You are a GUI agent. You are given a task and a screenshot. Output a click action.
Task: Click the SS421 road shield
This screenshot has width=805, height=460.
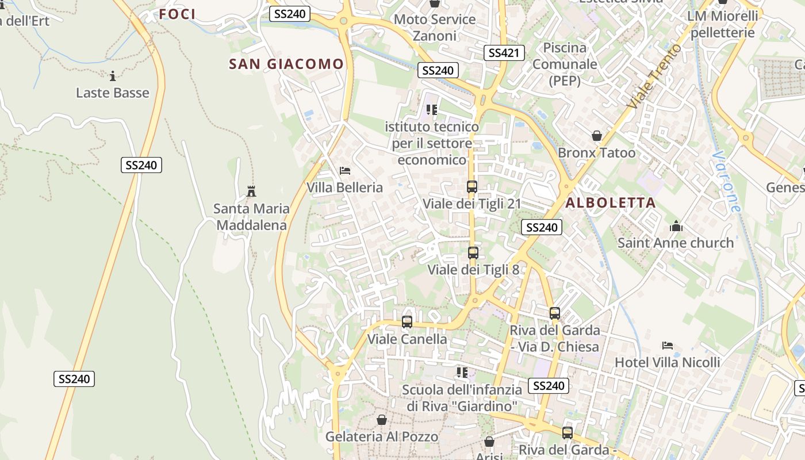504,53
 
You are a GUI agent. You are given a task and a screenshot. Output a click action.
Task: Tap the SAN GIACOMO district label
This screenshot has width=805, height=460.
286,64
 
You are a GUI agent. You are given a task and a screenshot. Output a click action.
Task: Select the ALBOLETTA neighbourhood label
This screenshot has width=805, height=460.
610,202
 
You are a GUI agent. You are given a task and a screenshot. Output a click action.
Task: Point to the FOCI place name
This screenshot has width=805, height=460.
177,14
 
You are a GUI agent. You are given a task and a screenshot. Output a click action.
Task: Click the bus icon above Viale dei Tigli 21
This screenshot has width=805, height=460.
472,187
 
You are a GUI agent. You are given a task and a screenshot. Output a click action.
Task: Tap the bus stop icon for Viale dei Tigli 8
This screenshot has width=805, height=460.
473,253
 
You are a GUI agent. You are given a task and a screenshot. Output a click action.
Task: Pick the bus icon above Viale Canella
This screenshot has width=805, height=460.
407,322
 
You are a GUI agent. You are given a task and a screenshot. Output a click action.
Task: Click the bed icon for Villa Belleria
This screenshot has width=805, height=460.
345,171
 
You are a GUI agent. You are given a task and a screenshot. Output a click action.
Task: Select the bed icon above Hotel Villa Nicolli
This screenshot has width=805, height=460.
668,346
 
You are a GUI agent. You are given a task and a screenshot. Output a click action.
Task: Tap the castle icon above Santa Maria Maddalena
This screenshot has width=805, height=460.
251,191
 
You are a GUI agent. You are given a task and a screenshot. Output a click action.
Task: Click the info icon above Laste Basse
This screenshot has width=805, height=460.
113,76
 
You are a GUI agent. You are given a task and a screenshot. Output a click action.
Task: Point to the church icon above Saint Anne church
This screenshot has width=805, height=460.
676,226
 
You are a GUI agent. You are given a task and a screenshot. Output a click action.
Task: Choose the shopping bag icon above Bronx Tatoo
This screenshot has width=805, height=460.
597,136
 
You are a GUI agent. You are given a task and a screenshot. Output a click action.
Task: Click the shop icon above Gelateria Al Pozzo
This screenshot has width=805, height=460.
381,420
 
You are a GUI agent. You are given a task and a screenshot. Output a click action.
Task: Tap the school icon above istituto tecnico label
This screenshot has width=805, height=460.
432,109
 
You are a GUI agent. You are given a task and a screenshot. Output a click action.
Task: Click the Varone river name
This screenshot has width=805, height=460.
726,182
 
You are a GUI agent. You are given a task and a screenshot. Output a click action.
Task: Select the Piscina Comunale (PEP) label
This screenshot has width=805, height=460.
565,64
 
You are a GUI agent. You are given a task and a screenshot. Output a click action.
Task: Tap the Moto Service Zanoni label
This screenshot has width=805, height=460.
435,28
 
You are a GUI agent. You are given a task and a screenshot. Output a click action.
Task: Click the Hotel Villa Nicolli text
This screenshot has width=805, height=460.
668,362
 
